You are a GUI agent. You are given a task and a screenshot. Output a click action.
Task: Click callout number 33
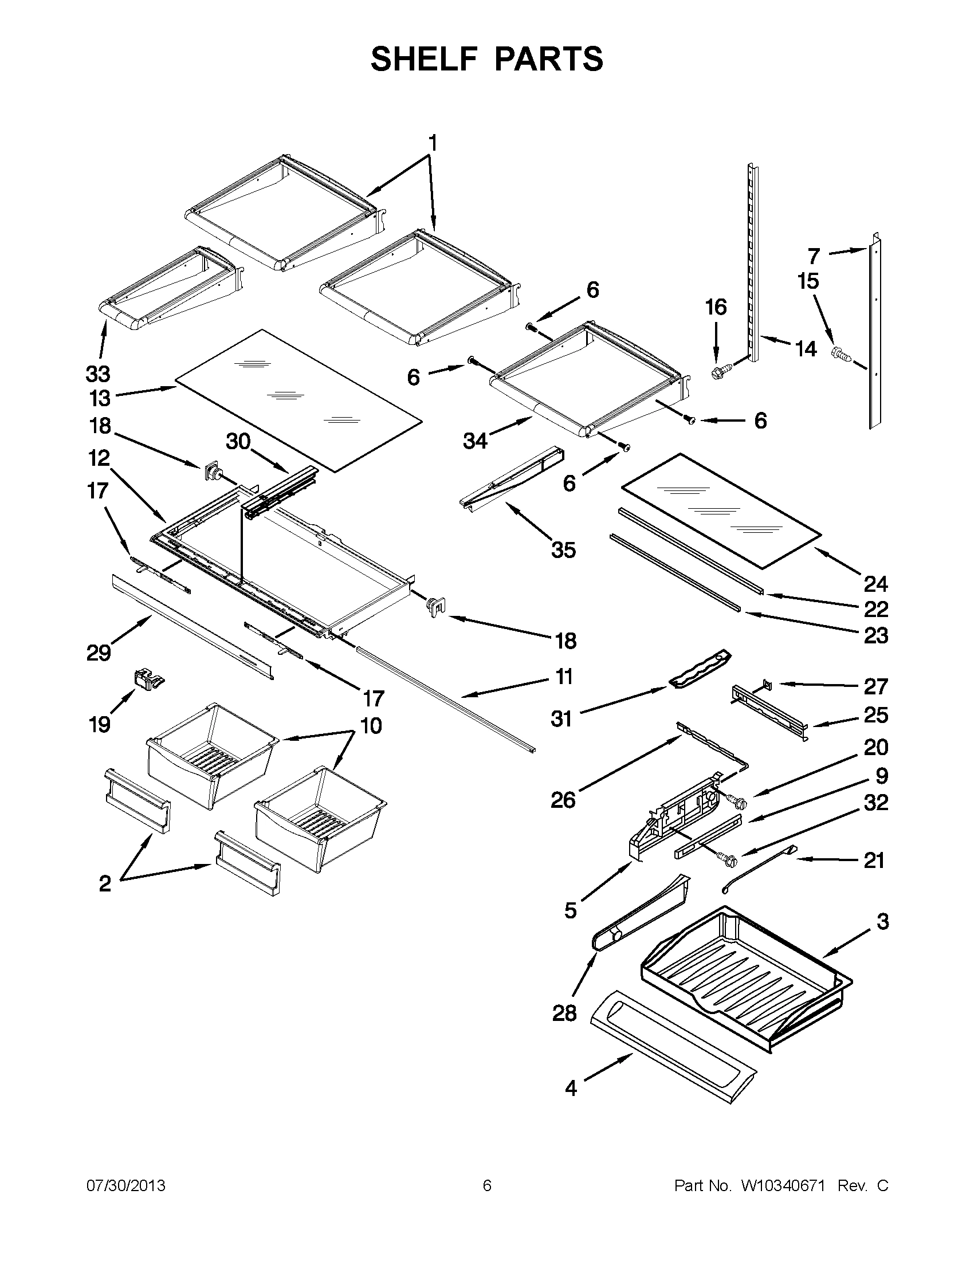click(x=97, y=374)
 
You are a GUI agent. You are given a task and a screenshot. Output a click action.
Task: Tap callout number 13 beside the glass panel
click(x=99, y=398)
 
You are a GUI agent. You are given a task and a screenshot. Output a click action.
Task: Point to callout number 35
click(x=564, y=549)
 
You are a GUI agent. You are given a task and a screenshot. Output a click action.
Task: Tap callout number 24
click(x=875, y=584)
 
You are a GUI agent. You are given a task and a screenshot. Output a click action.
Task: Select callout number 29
click(x=98, y=653)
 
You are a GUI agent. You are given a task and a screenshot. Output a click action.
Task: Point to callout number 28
click(x=564, y=1013)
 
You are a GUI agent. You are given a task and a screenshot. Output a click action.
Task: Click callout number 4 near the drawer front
click(x=571, y=1089)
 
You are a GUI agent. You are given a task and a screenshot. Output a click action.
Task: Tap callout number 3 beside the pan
click(x=882, y=922)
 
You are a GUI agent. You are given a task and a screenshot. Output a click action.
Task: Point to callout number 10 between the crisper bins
click(x=371, y=725)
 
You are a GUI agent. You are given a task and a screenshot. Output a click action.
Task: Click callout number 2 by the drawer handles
click(x=104, y=884)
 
